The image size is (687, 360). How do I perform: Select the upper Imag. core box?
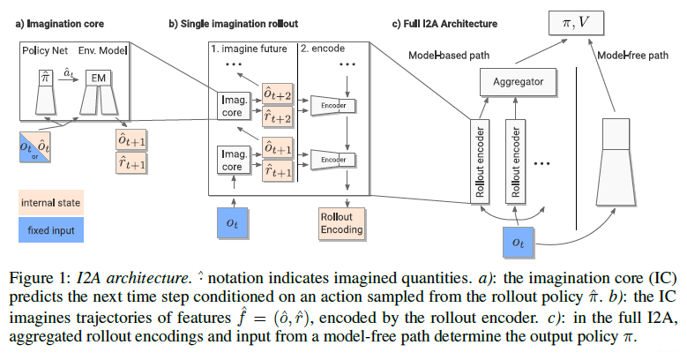point(232,107)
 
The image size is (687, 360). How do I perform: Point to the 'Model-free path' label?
point(631,55)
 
